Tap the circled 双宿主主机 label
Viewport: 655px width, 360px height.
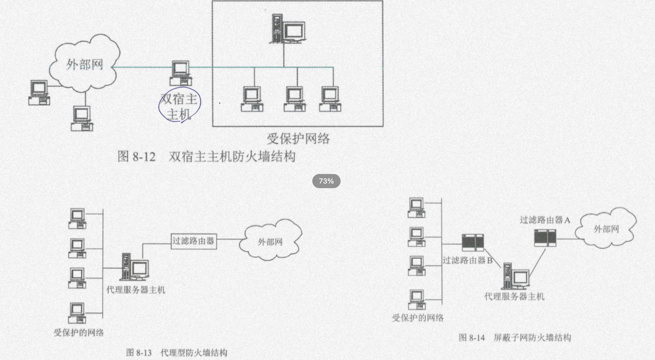tap(179, 105)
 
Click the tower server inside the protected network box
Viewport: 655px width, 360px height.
tap(287, 29)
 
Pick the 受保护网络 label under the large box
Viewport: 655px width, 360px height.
tap(298, 138)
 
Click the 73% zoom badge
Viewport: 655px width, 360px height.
tap(326, 181)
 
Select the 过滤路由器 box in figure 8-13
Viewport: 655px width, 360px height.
tap(193, 241)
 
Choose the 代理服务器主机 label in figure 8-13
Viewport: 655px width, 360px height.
tap(136, 290)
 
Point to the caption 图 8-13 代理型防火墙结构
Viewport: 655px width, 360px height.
tap(176, 353)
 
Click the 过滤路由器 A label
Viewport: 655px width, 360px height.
tap(545, 220)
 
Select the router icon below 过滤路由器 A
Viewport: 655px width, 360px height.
tap(545, 238)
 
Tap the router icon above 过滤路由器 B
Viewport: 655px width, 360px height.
tap(473, 243)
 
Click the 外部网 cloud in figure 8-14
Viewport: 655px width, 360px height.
tap(606, 229)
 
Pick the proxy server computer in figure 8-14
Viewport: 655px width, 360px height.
tap(516, 276)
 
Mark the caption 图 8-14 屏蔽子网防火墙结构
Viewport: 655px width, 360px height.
tap(515, 338)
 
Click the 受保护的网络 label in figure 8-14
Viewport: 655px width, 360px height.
tap(418, 318)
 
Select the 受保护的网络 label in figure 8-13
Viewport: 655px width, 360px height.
tap(79, 332)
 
